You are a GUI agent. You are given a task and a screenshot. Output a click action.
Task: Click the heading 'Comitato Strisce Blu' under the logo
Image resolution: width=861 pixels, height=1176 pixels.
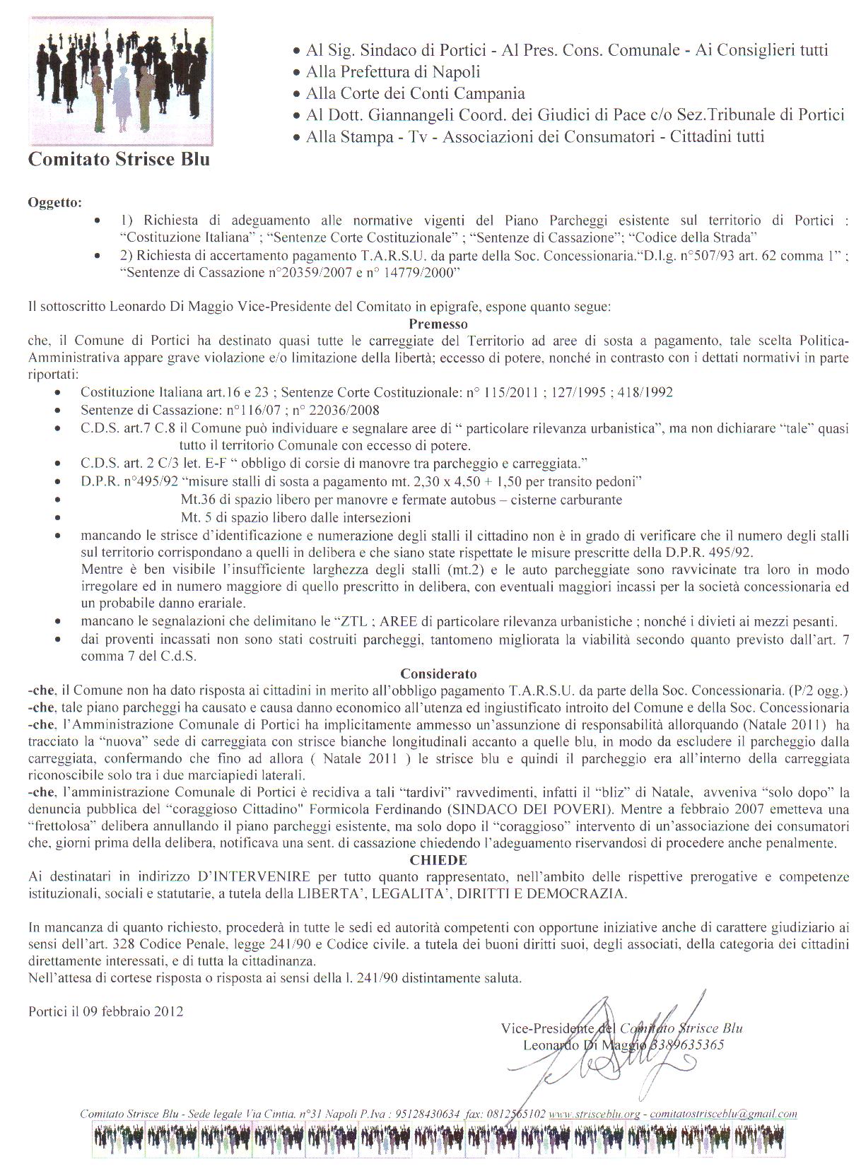tap(119, 159)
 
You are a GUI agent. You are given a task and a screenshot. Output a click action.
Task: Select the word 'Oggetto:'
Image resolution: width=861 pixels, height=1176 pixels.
tap(54, 203)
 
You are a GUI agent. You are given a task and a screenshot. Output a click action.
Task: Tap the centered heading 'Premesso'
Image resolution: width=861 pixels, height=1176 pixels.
tap(438, 324)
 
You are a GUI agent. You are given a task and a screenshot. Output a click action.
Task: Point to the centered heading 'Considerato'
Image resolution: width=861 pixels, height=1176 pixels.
tap(438, 674)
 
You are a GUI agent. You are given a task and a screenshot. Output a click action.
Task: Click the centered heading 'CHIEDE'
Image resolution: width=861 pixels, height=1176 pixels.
tap(438, 860)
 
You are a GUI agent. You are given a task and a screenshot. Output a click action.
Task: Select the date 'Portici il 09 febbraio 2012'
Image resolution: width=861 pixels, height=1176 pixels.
tap(106, 1011)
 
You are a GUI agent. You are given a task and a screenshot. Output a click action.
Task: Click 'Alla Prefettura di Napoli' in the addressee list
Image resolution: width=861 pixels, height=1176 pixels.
tap(393, 72)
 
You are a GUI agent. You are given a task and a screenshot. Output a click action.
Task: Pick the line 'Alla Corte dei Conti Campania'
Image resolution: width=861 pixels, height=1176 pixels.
tap(415, 93)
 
